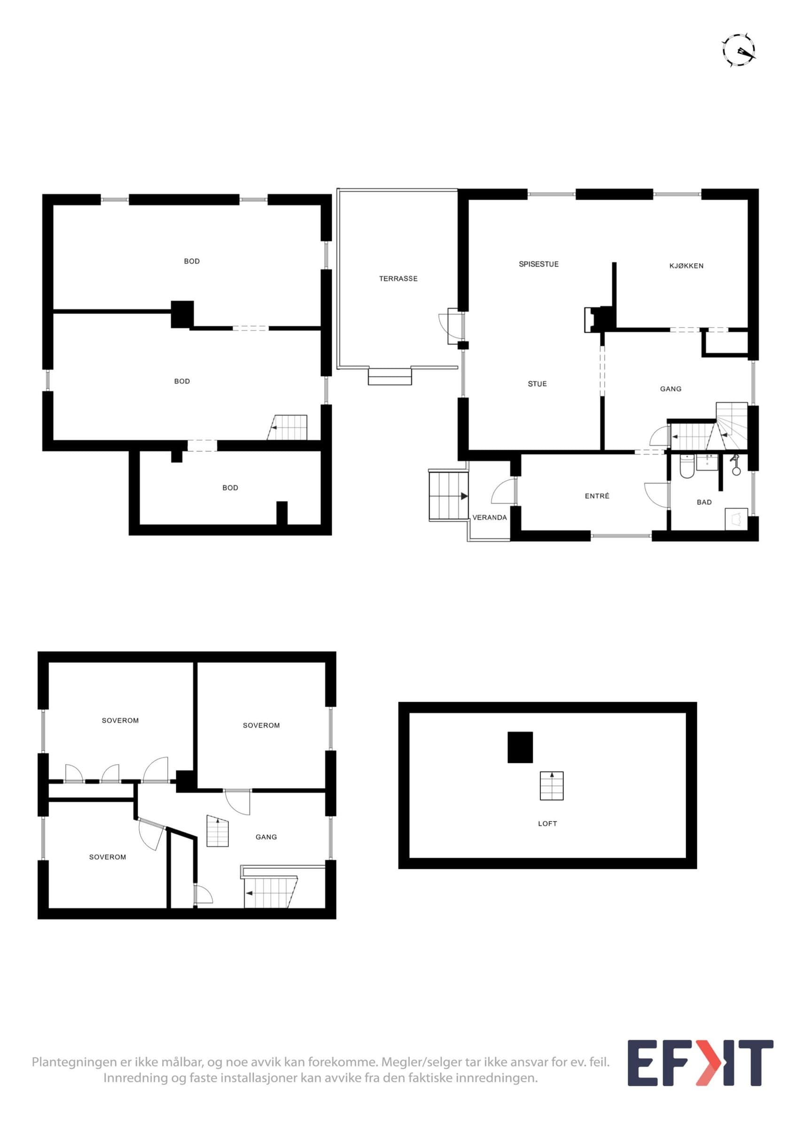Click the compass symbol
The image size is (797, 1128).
739,50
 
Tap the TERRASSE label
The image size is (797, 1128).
398,279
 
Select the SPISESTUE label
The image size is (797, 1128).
539,264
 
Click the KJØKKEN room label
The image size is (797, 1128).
686,266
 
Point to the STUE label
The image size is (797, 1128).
537,384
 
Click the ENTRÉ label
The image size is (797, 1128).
597,496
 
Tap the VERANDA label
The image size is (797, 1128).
490,517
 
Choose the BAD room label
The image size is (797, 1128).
704,502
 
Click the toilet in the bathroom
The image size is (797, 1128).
686,466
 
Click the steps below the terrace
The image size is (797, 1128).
390,376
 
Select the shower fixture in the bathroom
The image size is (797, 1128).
735,465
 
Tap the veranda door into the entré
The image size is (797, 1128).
503,491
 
